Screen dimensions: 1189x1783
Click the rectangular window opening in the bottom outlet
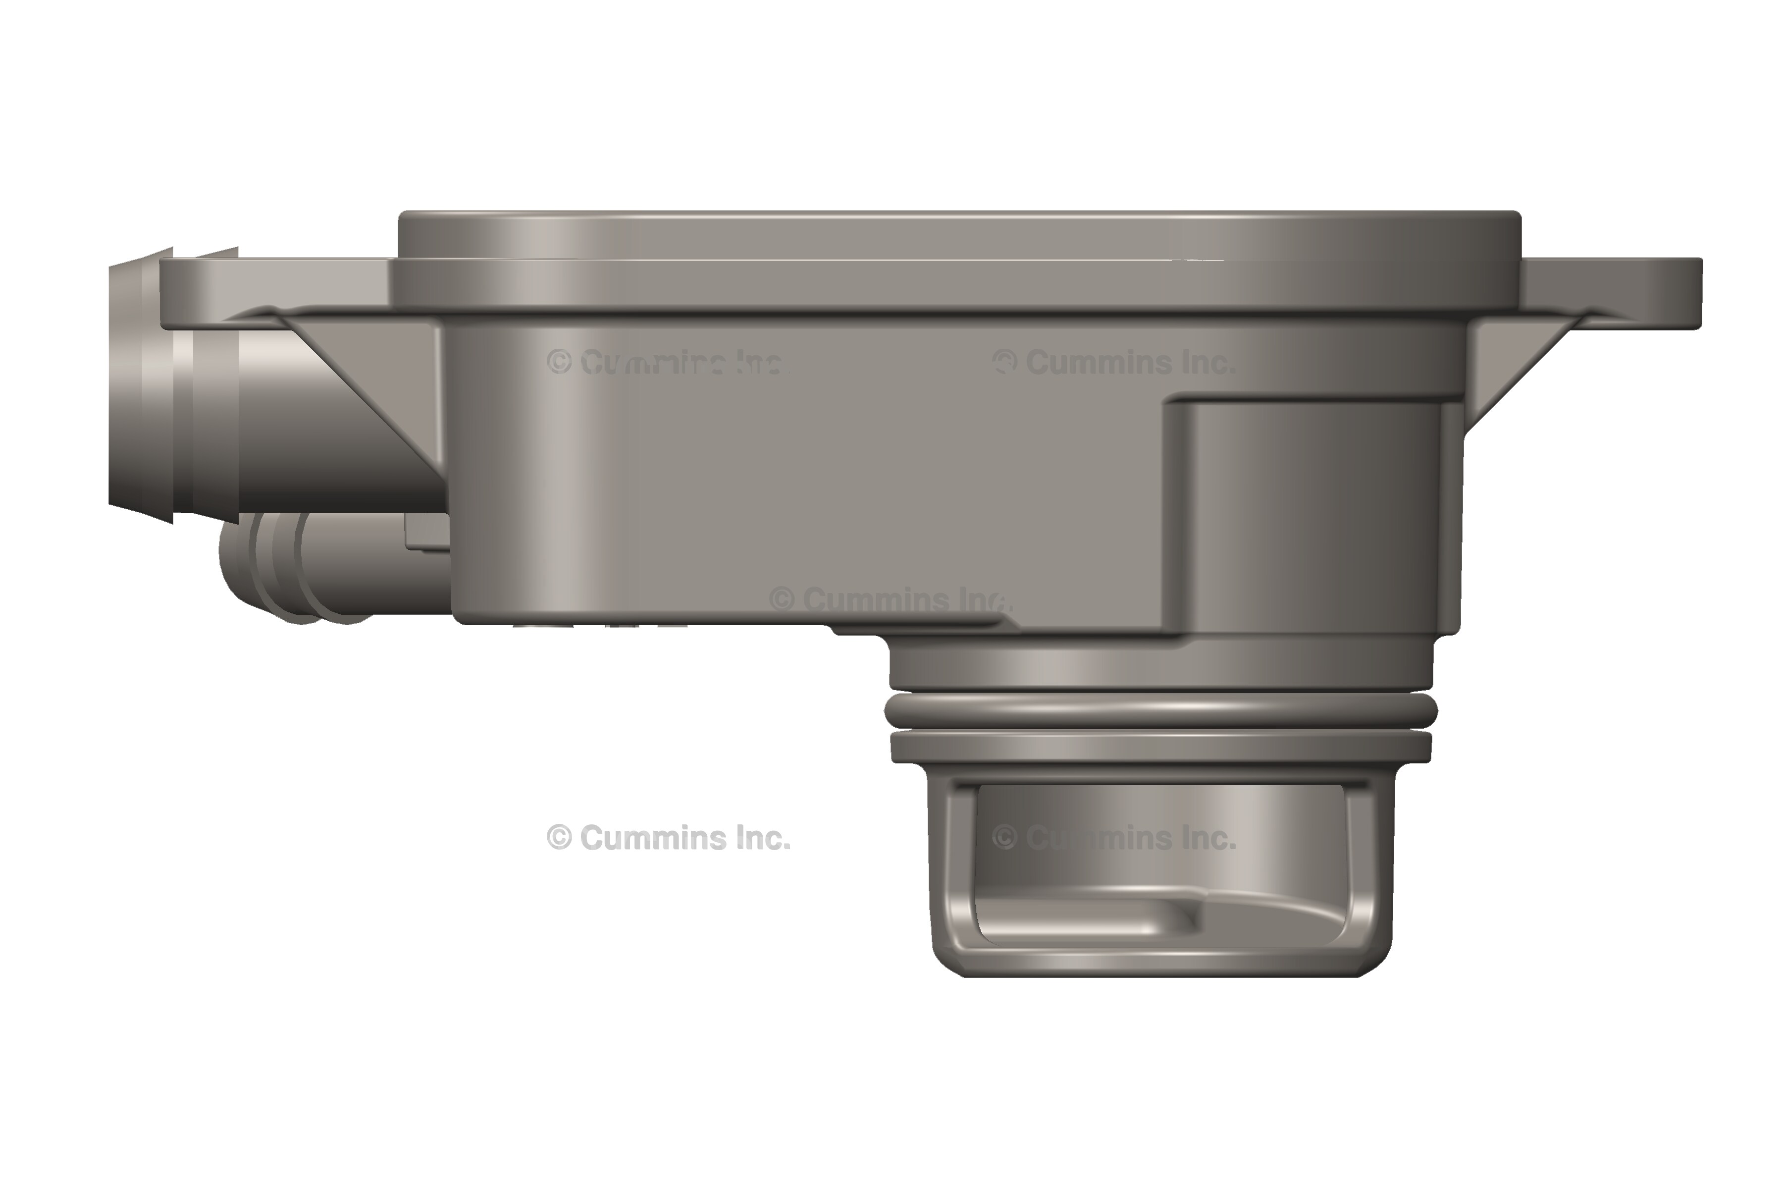1160,865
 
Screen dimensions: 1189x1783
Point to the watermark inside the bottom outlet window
1114,838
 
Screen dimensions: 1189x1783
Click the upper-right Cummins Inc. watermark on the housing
1114,363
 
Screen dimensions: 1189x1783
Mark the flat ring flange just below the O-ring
1160,747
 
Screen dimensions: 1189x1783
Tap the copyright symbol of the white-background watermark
559,838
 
